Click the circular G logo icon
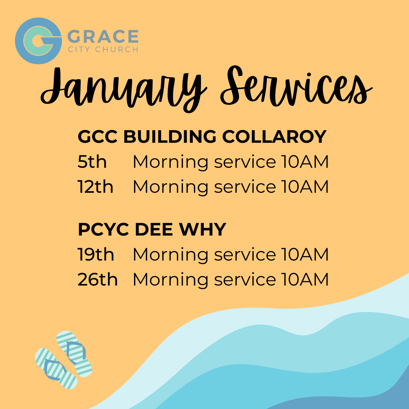coord(38,41)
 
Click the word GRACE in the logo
coord(103,37)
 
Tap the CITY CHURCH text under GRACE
coord(103,50)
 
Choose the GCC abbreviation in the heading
coord(98,136)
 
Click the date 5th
coord(92,162)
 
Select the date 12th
coord(95,187)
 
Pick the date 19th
coord(96,254)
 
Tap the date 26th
coord(98,279)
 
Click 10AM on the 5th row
coord(305,162)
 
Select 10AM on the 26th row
coord(305,279)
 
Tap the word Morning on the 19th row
coord(170,254)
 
